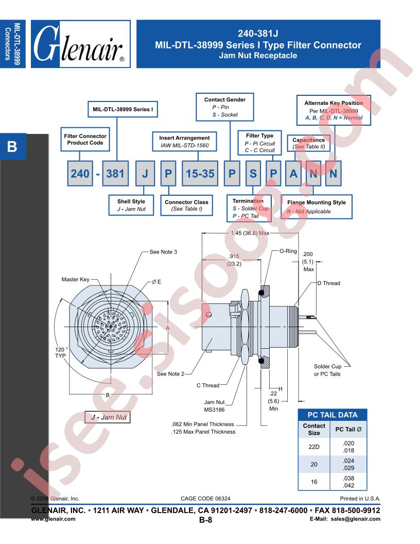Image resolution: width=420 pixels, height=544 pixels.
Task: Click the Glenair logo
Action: (80, 44)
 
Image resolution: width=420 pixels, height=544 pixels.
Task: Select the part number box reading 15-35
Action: (200, 174)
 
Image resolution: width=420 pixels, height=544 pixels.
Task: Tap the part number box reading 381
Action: (115, 174)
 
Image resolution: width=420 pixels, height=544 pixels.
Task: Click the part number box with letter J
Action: (145, 174)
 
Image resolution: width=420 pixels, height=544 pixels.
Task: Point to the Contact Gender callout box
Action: (225, 107)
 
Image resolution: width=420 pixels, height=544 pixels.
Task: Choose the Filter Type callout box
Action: (259, 143)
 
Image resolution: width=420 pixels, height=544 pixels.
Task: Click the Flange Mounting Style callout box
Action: (317, 207)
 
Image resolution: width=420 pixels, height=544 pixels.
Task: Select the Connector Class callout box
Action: (186, 206)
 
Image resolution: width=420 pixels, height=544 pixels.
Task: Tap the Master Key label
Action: (75, 279)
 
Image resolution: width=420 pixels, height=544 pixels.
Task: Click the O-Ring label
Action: (288, 251)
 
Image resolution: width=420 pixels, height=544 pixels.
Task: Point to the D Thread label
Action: (329, 283)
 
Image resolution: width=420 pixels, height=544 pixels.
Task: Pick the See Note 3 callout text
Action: (163, 252)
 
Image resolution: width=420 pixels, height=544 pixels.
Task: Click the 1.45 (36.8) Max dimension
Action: (250, 233)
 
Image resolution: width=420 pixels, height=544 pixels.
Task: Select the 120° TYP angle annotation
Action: (61, 352)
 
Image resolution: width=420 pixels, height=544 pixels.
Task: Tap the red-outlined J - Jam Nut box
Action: (108, 417)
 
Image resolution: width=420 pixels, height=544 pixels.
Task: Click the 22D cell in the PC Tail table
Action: (314, 447)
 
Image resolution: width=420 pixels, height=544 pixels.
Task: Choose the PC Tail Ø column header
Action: (348, 429)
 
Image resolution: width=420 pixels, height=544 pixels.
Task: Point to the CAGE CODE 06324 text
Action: (205, 499)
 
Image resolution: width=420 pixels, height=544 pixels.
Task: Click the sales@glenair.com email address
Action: (356, 519)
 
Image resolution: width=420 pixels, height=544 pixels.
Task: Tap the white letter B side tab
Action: (12, 146)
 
